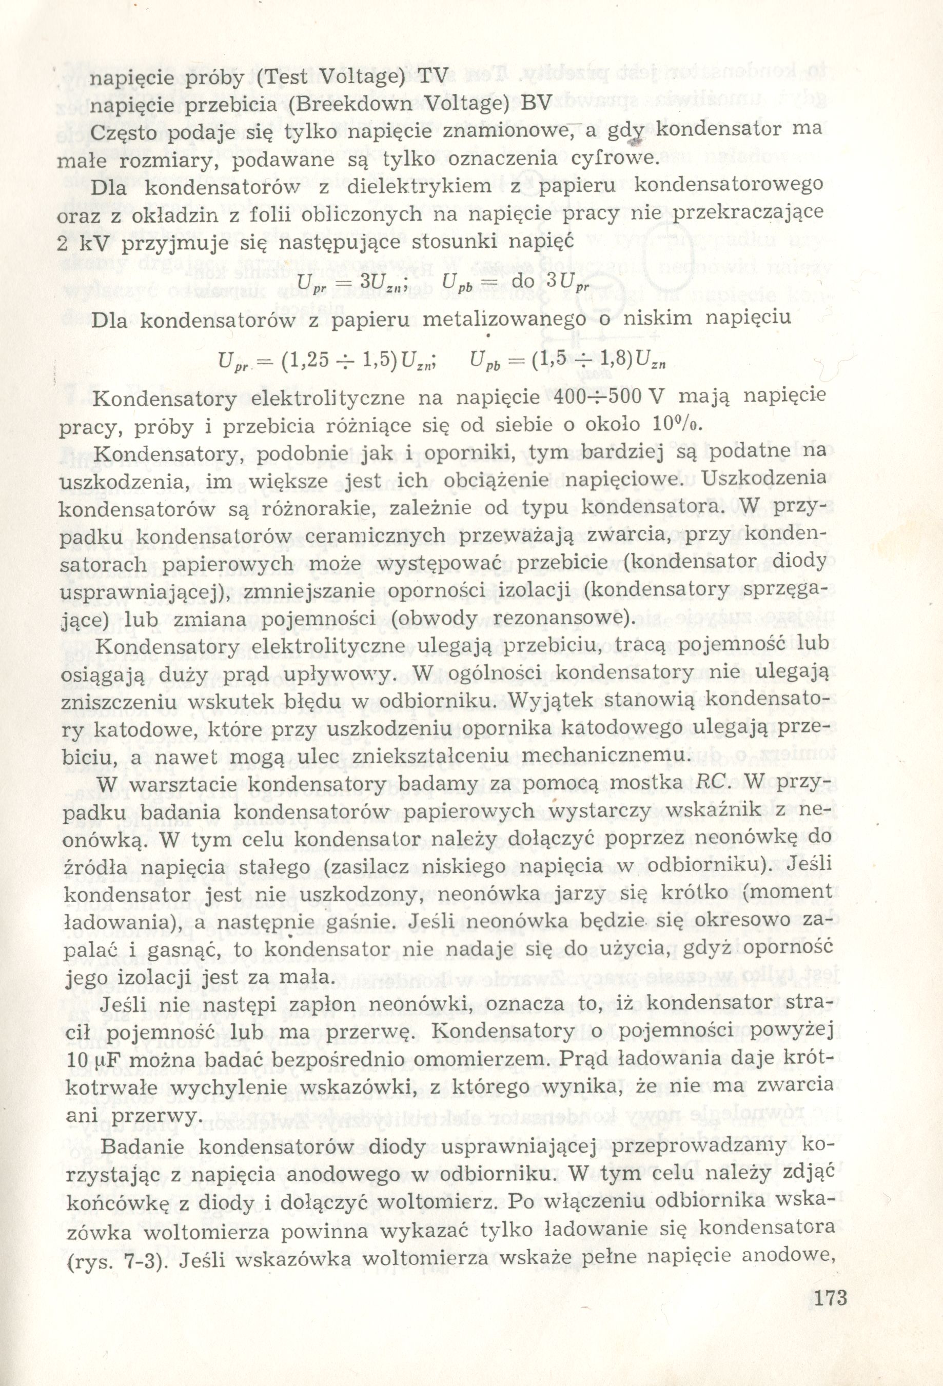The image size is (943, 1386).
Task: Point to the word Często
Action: coord(126,132)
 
